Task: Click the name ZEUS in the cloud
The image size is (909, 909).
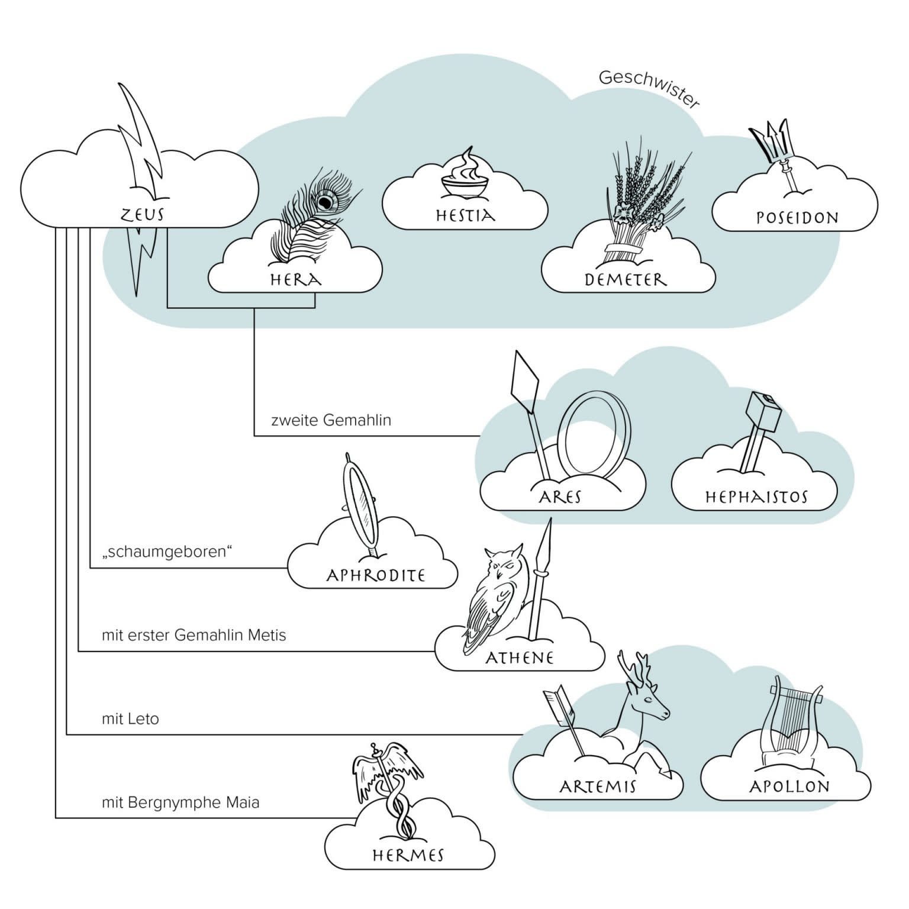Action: pyautogui.click(x=142, y=214)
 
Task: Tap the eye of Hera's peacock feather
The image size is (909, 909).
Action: pyautogui.click(x=325, y=202)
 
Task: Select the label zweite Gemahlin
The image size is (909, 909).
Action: pyautogui.click(x=331, y=420)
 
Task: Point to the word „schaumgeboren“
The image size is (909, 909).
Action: pyautogui.click(x=167, y=552)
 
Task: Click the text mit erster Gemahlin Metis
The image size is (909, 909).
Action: pyautogui.click(x=194, y=635)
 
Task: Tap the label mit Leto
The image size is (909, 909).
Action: pyautogui.click(x=130, y=719)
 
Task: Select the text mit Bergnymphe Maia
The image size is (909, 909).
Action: pyautogui.click(x=180, y=803)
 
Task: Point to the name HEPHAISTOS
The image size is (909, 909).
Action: pyautogui.click(x=756, y=497)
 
